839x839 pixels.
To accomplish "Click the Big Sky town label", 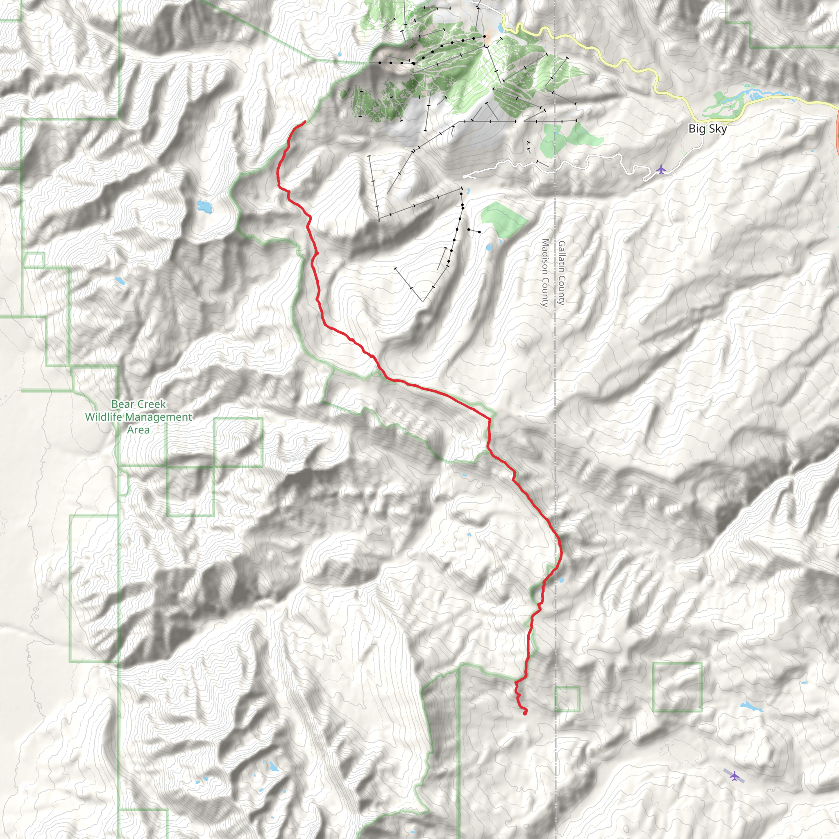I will pyautogui.click(x=707, y=129).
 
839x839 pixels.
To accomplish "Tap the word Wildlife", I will pyautogui.click(x=106, y=417).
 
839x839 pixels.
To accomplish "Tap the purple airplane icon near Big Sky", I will pyautogui.click(x=660, y=169).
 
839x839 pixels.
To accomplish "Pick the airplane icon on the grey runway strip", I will pyautogui.click(x=734, y=776).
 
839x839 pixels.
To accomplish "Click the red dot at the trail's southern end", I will pyautogui.click(x=525, y=713).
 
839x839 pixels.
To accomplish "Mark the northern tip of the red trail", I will pyautogui.click(x=305, y=122).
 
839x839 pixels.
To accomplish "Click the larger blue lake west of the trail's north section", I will pyautogui.click(x=205, y=207).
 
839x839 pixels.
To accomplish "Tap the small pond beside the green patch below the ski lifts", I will pyautogui.click(x=490, y=247).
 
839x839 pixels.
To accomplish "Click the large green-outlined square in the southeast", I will pyautogui.click(x=677, y=687).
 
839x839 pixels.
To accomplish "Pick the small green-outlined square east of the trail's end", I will pyautogui.click(x=567, y=699).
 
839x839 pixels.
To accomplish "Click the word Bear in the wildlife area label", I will pyautogui.click(x=122, y=404).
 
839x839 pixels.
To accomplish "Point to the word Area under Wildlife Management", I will pyautogui.click(x=138, y=430).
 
